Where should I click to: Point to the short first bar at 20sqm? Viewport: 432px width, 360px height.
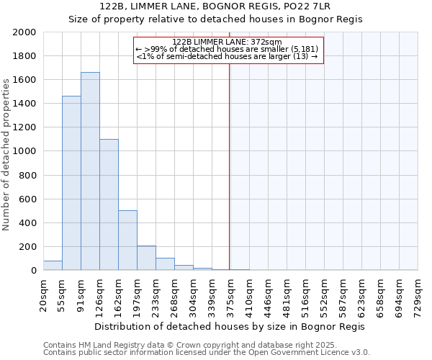coord(53,266)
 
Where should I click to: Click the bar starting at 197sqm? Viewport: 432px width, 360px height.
coord(146,258)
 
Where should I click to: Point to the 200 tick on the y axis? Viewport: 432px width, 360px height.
coord(28,247)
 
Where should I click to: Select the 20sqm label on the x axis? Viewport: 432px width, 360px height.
coord(43,294)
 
